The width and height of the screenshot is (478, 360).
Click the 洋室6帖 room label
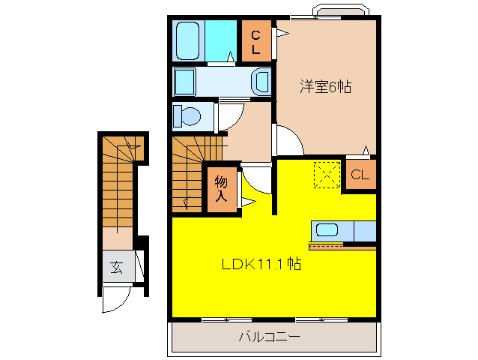(327, 86)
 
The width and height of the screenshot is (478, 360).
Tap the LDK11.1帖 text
(261, 264)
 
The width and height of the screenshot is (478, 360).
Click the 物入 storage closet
(222, 188)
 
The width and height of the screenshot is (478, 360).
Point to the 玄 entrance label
(118, 267)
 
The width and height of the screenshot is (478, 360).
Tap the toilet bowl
(187, 116)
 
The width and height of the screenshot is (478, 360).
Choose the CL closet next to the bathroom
(255, 40)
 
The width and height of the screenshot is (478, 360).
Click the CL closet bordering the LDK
(360, 175)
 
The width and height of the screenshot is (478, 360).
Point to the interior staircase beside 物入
(190, 172)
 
